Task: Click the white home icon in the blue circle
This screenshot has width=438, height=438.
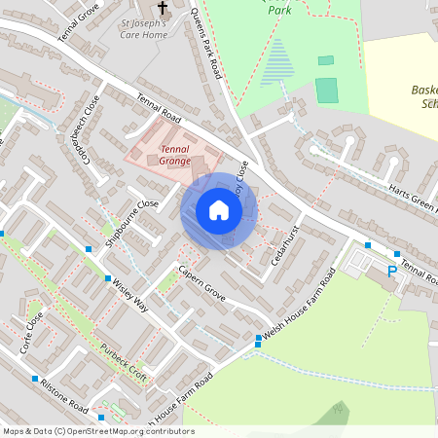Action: pyautogui.click(x=219, y=210)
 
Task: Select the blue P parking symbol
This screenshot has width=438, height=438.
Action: pyautogui.click(x=392, y=273)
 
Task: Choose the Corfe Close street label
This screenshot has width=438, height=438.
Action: pyautogui.click(x=34, y=329)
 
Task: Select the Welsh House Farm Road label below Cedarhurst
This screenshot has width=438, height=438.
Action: pyautogui.click(x=298, y=308)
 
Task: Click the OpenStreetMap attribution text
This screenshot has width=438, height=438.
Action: pyautogui.click(x=97, y=431)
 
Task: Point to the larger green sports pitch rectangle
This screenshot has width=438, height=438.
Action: pyautogui.click(x=327, y=91)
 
